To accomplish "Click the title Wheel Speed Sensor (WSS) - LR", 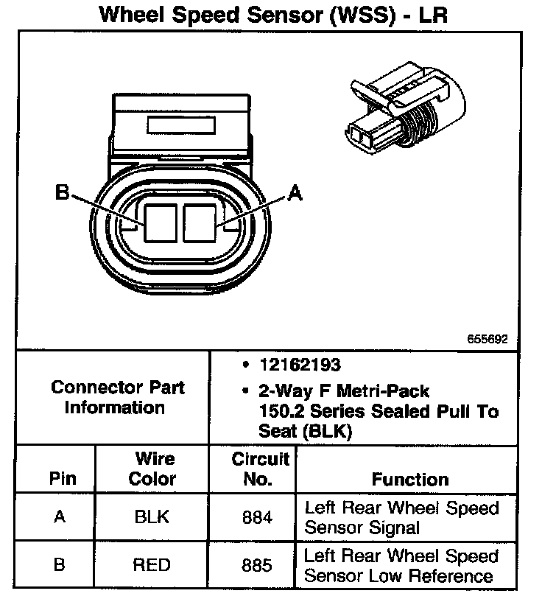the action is [x=273, y=15].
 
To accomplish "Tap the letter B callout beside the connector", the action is [x=62, y=192].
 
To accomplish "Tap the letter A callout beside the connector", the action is [x=295, y=193].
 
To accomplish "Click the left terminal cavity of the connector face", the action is [x=161, y=223].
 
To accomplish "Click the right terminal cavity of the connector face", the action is [x=200, y=223].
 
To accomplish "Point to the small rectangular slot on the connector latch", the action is [x=181, y=125].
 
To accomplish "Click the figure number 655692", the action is [x=488, y=339].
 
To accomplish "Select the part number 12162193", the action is [x=300, y=365].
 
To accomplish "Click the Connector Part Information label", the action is [x=116, y=397].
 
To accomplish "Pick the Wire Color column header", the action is [x=152, y=469].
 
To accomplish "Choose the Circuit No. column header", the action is [x=259, y=469].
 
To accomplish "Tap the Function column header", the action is [x=410, y=480].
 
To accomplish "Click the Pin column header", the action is [x=63, y=478].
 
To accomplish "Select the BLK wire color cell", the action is [x=152, y=516].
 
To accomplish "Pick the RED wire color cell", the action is [x=152, y=565].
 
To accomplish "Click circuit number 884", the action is [x=257, y=517].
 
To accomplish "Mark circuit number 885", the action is [x=257, y=565].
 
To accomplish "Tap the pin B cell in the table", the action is [x=60, y=564].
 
